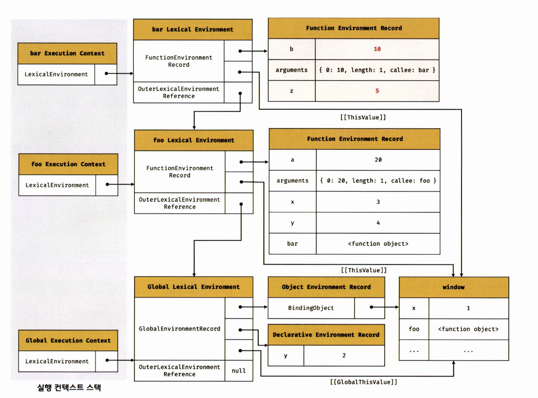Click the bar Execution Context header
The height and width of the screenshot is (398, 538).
point(67,53)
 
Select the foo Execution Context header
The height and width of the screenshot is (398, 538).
point(68,164)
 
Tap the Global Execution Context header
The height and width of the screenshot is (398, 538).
point(68,340)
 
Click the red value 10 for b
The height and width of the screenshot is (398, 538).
point(377,49)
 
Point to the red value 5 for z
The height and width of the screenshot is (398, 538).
point(377,91)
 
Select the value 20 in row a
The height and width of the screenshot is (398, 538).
point(378,160)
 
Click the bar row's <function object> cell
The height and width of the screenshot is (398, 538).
point(378,244)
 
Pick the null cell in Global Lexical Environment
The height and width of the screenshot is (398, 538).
point(238,371)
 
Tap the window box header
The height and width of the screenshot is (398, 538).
point(453,287)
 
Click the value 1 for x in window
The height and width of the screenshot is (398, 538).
point(468,308)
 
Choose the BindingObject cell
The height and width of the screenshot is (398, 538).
point(311,308)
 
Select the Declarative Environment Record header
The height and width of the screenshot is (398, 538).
point(326,335)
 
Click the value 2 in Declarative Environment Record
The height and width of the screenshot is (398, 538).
point(344,355)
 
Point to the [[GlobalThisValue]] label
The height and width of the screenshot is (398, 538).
point(364,382)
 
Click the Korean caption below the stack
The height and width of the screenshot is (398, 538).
point(69,388)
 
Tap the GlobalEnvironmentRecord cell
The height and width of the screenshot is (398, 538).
point(179,328)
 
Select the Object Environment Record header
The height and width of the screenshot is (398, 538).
point(326,287)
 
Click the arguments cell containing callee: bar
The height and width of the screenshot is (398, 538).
point(377,70)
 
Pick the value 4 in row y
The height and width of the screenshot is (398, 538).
point(378,223)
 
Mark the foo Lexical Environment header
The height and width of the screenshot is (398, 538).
point(193,140)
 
